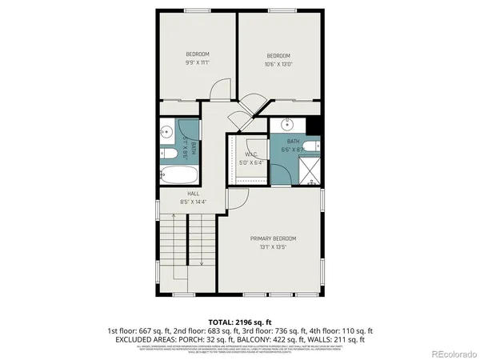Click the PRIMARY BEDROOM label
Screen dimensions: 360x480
click(273, 238)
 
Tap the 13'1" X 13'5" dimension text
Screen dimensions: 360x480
click(273, 247)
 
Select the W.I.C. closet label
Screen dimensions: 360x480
click(250, 154)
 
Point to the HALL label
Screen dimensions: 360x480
click(193, 194)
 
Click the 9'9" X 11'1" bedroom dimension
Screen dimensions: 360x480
click(197, 62)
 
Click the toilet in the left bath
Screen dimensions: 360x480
click(169, 154)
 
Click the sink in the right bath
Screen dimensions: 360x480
click(288, 125)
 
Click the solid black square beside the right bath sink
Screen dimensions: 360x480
click(314, 125)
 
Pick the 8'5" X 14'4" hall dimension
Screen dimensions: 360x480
click(193, 202)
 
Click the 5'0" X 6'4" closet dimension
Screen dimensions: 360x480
click(250, 162)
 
